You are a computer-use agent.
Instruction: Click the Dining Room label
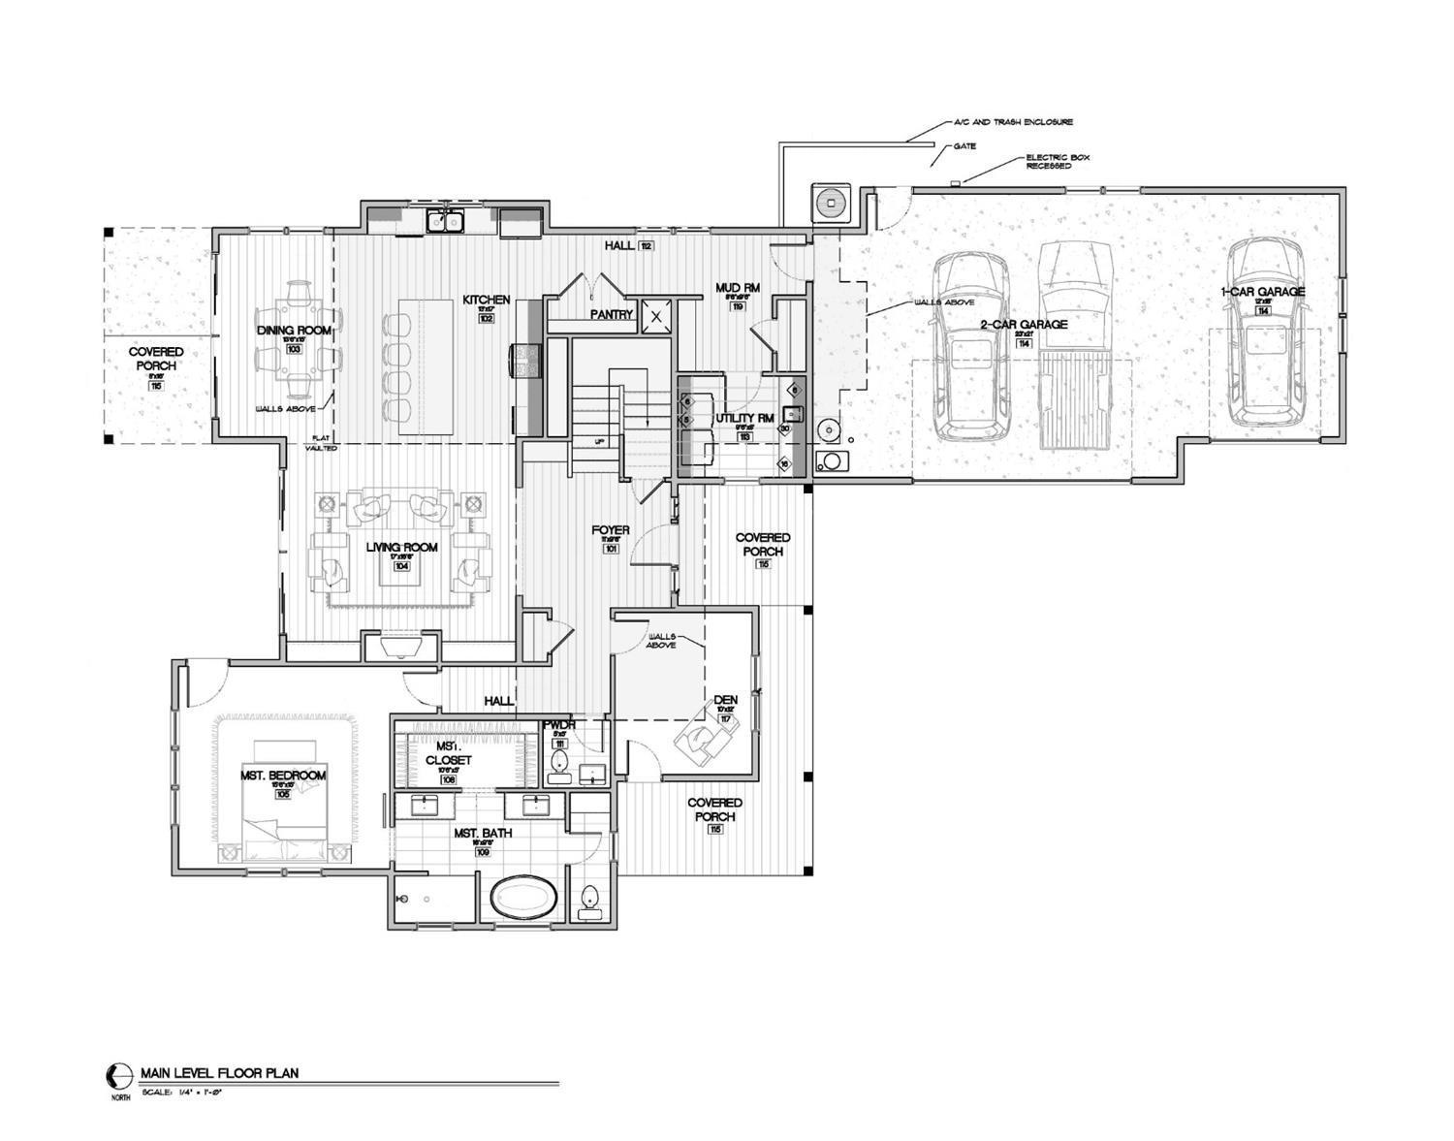pos(294,331)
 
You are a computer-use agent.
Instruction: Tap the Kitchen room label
pos(486,301)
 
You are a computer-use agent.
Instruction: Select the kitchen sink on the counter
pos(445,222)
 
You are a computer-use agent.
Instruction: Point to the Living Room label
pos(401,548)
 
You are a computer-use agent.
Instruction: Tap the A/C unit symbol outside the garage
pos(831,204)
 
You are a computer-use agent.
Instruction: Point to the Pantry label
pos(612,314)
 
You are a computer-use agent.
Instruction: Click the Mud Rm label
pos(737,288)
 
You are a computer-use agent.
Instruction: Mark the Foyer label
pos(611,530)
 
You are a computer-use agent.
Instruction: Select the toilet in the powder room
pos(558,767)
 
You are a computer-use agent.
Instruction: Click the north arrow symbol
pos(118,1074)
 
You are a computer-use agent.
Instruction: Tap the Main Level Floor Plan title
pos(219,1073)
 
